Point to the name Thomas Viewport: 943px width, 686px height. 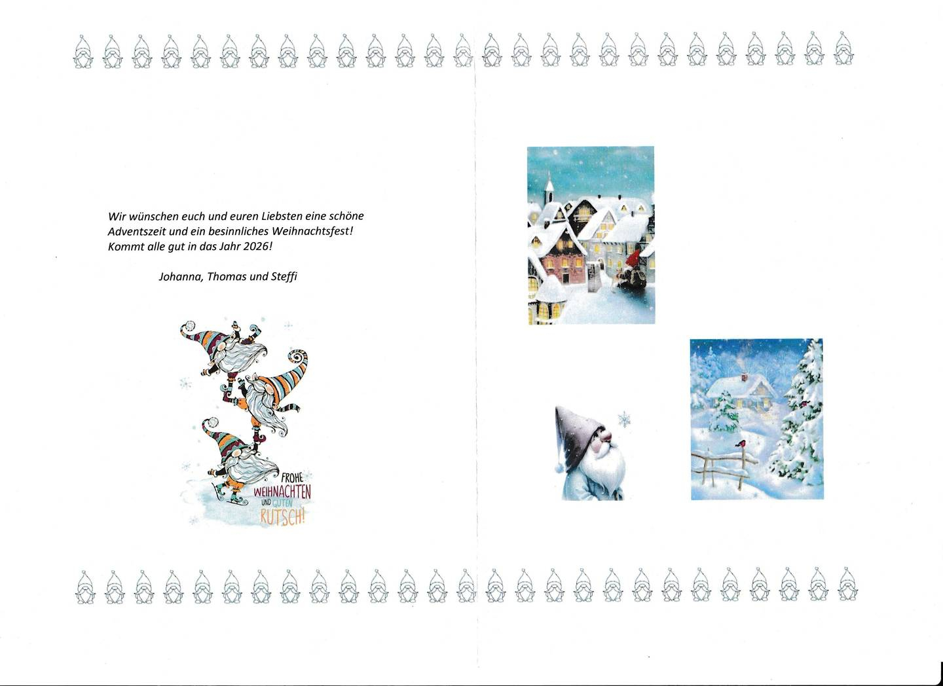pyautogui.click(x=227, y=276)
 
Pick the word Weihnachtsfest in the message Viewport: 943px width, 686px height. pyautogui.click(x=312, y=231)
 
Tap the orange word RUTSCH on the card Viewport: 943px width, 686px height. pyautogui.click(x=282, y=517)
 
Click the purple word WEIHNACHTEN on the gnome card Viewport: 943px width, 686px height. pyautogui.click(x=282, y=492)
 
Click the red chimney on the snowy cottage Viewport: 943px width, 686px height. pyautogui.click(x=745, y=376)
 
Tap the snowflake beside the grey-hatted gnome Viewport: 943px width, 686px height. pyautogui.click(x=624, y=420)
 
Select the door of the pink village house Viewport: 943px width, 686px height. pyautogui.click(x=564, y=276)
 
